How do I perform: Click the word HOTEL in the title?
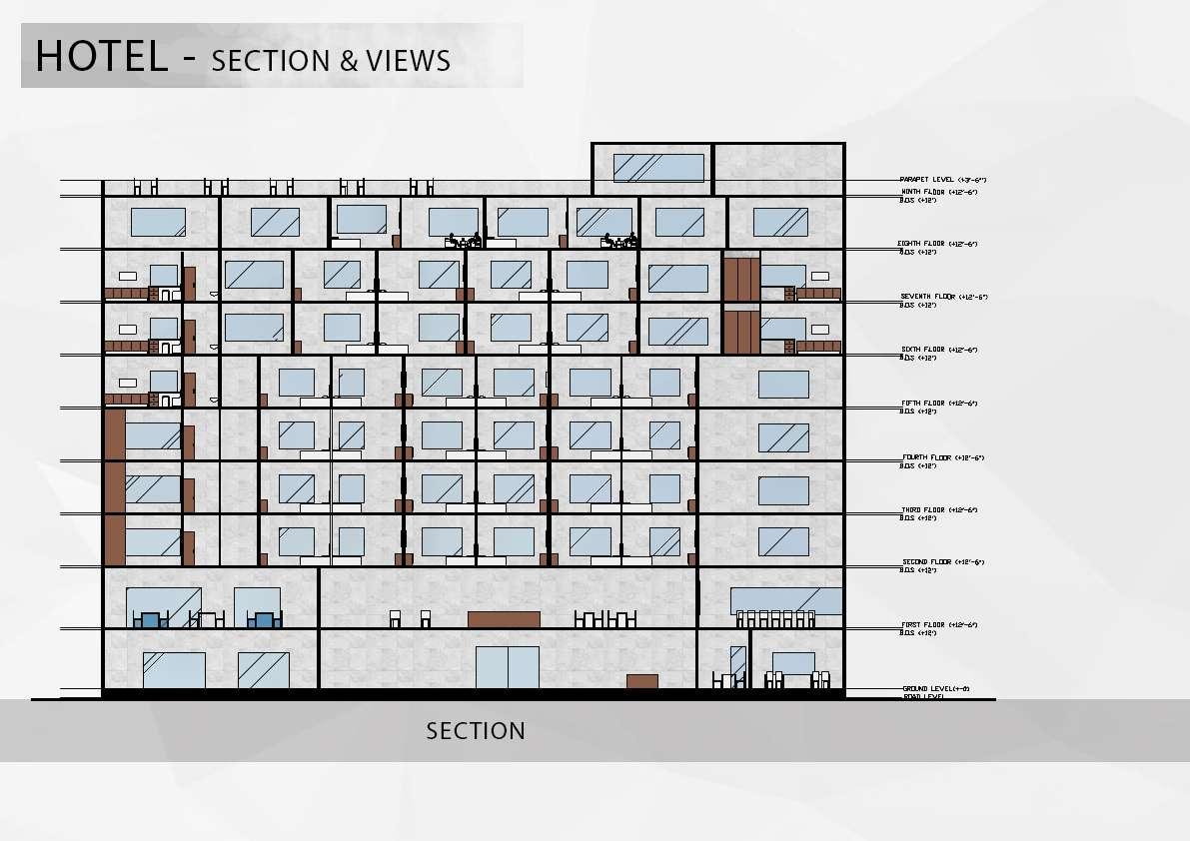tap(101, 56)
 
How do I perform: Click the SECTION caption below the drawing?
tap(476, 731)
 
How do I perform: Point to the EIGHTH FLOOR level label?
tap(937, 244)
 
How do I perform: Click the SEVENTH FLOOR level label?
tap(943, 297)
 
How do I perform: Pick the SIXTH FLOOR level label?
tap(937, 350)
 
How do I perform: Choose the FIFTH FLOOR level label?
tap(936, 404)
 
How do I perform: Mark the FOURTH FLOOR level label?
tap(941, 457)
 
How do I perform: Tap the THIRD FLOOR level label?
tap(937, 510)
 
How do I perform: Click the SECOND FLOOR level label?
tap(942, 562)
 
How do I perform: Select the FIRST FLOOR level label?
tap(937, 625)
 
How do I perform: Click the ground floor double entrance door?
tap(507, 666)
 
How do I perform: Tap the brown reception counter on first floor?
tap(504, 619)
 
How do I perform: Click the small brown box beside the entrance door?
tap(641, 681)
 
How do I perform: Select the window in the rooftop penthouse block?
tap(657, 167)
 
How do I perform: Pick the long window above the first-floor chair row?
tap(785, 600)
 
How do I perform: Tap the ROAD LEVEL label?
tap(924, 696)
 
